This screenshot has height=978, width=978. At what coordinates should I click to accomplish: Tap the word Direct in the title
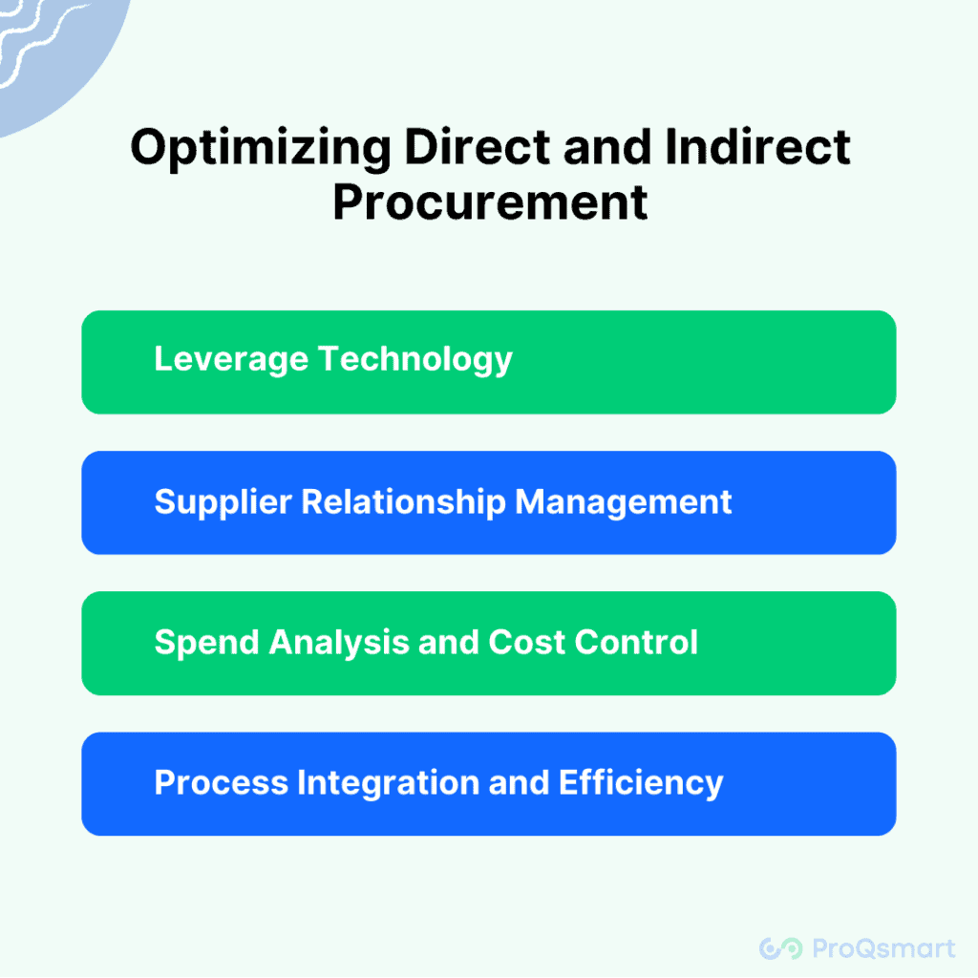478,148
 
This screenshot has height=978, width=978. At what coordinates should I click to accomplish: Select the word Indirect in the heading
757,148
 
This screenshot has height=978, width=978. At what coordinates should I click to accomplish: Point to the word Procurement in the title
490,202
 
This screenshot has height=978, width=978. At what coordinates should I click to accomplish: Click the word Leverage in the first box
231,360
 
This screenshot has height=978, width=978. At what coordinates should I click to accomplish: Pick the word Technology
415,360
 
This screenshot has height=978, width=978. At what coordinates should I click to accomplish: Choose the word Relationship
404,502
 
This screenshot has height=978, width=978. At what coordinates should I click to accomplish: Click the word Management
623,502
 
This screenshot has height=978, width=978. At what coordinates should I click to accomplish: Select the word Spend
206,643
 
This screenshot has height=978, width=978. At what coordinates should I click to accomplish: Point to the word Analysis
339,643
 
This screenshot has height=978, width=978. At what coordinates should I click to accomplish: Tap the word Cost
526,643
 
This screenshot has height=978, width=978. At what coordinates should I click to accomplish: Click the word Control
635,643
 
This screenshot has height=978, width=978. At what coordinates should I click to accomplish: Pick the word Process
222,783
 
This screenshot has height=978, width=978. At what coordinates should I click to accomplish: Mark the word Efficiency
641,783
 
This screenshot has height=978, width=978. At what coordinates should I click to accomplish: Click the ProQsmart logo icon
781,948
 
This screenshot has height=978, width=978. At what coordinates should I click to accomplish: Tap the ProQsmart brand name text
883,948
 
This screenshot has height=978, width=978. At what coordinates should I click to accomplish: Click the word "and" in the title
607,148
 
